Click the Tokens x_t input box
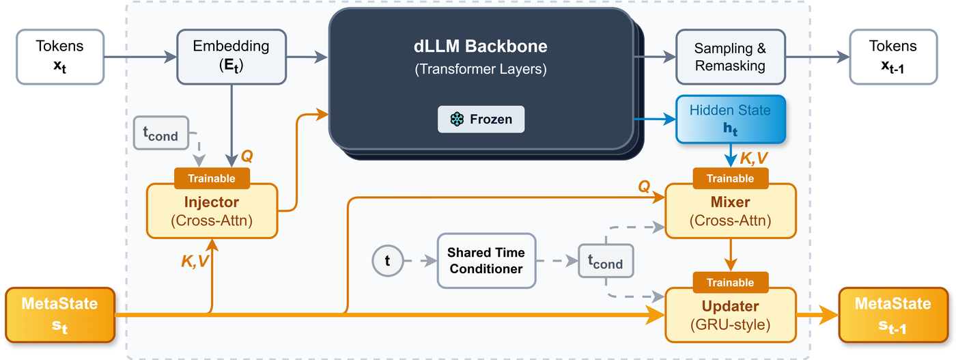(60, 56)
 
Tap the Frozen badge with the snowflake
(481, 120)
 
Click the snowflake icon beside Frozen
(457, 120)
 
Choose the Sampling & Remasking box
(730, 57)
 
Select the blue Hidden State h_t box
(730, 120)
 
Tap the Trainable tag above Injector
(212, 178)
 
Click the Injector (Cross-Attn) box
(212, 211)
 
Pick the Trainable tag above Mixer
(730, 178)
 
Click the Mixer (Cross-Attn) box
(730, 211)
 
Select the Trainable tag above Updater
(730, 282)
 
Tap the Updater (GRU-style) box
(730, 315)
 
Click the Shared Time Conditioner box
(486, 260)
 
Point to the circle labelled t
(388, 260)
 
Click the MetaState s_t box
(60, 315)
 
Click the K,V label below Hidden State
(754, 158)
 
